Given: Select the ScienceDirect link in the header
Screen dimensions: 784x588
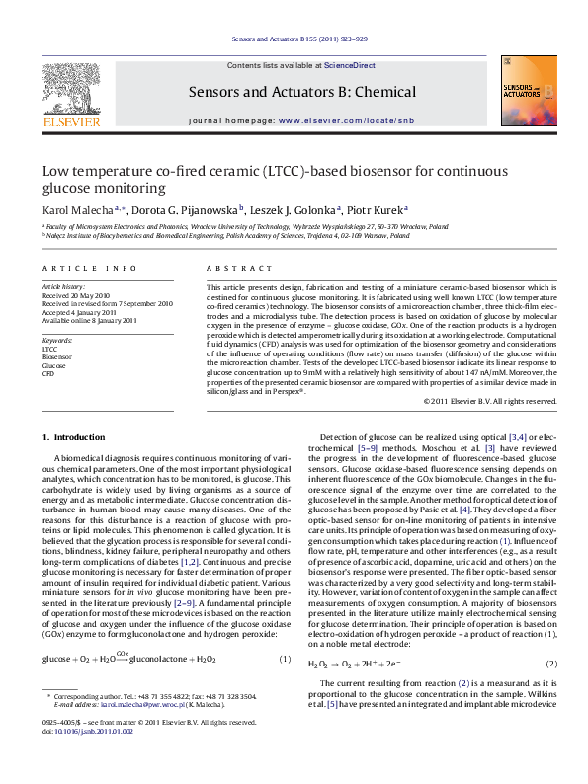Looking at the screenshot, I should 350,64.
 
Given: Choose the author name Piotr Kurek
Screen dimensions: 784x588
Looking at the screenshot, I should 376,209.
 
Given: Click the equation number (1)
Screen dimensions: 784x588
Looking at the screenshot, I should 284,659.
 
